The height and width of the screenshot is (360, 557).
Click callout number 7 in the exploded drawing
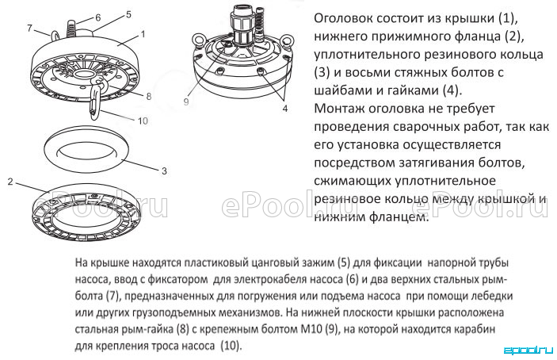tap(30, 28)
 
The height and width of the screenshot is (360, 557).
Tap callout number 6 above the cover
tap(98, 17)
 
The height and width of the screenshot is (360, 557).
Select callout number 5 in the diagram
tap(128, 14)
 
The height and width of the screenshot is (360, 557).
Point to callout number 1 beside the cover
tap(143, 34)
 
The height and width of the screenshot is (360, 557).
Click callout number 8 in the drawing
tap(148, 96)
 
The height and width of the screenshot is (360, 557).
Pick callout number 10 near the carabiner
tap(143, 121)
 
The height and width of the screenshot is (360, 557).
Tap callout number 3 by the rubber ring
tap(164, 171)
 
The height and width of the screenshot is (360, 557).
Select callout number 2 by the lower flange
tap(10, 182)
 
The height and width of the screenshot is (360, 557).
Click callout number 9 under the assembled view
tap(186, 101)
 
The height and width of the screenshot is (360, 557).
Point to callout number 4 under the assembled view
tap(285, 109)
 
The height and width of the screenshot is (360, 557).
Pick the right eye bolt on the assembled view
tap(286, 40)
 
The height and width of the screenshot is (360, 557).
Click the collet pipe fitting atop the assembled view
tap(242, 27)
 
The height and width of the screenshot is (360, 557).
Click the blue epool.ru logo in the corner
tap(528, 350)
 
